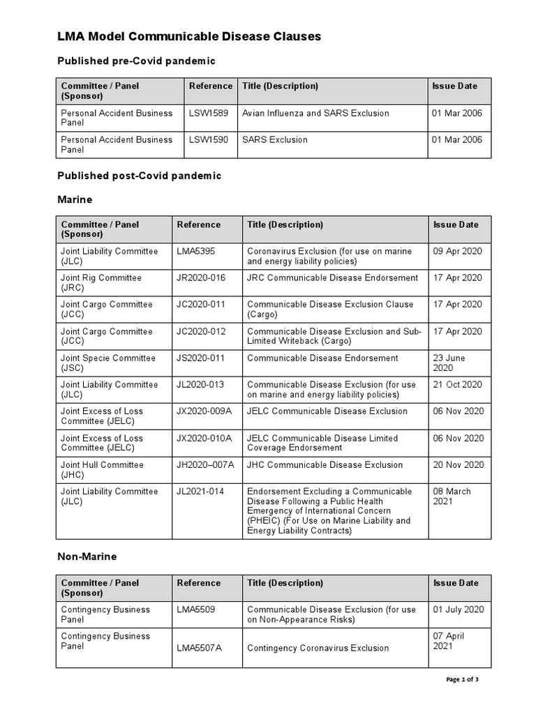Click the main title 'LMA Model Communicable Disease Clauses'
(x=188, y=37)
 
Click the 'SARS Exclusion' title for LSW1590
(x=274, y=139)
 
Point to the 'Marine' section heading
(x=74, y=199)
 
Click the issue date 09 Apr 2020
(x=457, y=251)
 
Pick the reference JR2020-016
(x=201, y=278)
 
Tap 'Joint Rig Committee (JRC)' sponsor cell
(x=101, y=282)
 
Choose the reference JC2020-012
(x=201, y=331)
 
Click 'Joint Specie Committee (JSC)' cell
(x=107, y=363)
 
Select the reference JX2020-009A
(x=204, y=411)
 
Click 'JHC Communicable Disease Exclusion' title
(x=325, y=464)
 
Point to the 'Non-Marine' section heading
(x=87, y=556)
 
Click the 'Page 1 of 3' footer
(x=462, y=679)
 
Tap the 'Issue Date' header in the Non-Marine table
(x=456, y=583)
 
